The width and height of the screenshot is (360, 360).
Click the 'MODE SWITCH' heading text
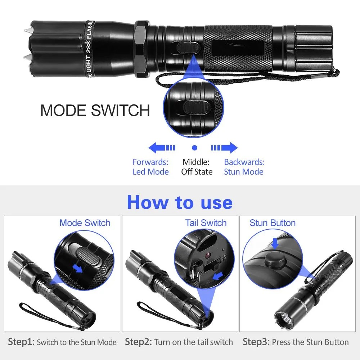coord(95,111)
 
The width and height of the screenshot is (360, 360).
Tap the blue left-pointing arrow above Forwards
coord(162,148)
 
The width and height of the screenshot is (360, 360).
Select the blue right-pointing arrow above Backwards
coord(224,148)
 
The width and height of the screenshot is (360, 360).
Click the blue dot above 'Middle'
coord(194,148)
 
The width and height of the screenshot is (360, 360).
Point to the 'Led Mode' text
coord(150,172)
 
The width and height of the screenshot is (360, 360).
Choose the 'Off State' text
coord(197,172)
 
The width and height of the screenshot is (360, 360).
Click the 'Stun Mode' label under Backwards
coord(244,172)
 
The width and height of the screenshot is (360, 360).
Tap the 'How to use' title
coord(180,202)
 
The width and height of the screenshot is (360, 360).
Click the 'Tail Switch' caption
coord(206,223)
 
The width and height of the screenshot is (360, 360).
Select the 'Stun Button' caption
coord(273,223)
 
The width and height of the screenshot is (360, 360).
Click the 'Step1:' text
coord(21,342)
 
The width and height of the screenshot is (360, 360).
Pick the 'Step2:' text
coord(139,342)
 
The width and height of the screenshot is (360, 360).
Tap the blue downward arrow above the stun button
coord(275,243)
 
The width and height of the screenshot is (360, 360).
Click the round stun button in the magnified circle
coord(275,260)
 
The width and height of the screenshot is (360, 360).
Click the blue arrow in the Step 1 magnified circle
coord(77,268)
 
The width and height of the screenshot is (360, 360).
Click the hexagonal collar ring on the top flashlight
coord(141,49)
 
